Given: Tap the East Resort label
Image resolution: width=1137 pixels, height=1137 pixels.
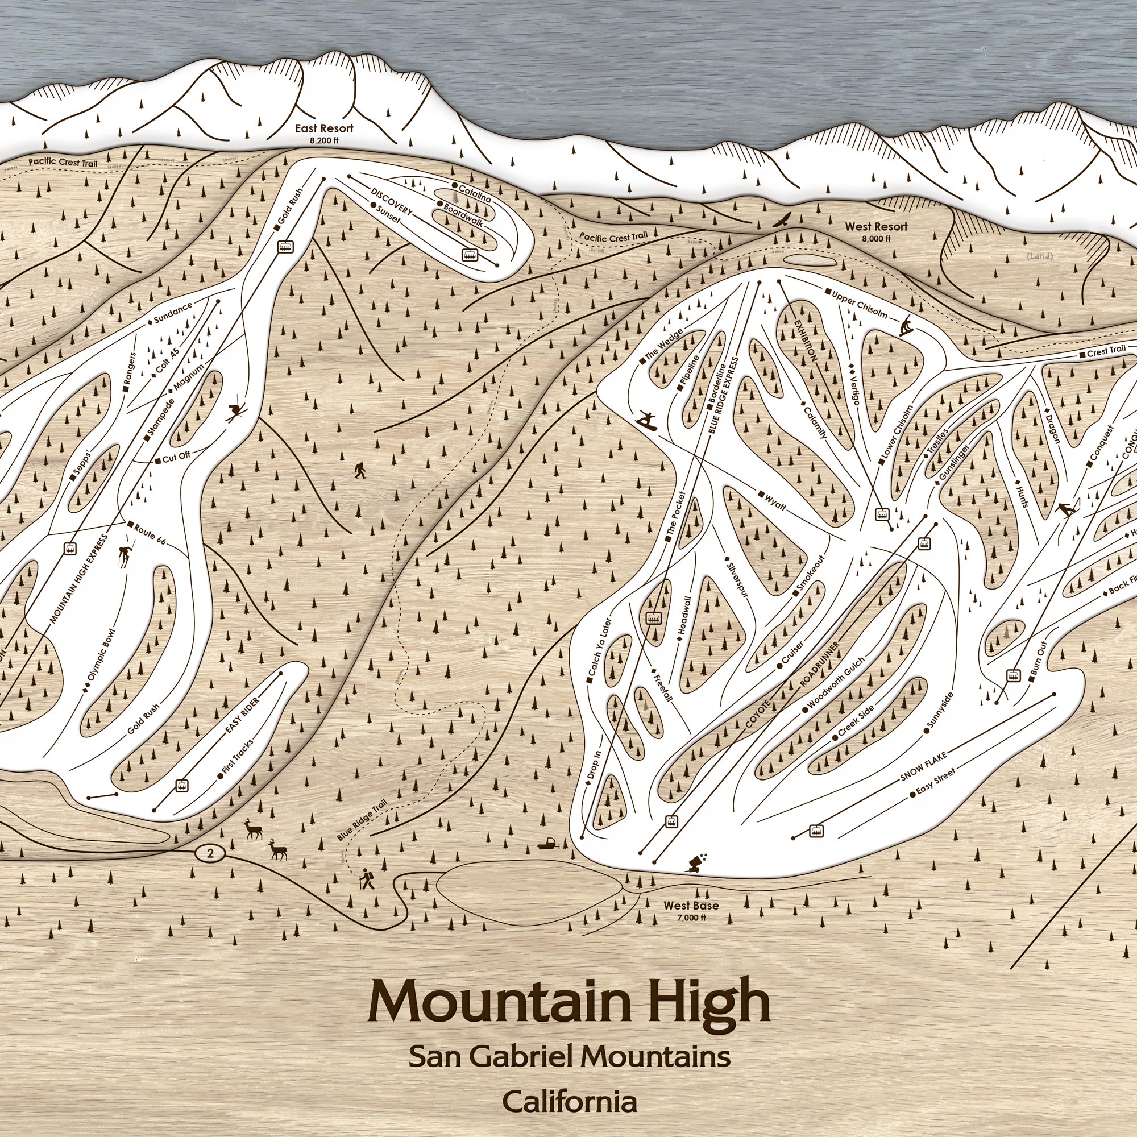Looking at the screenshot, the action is click(x=324, y=128).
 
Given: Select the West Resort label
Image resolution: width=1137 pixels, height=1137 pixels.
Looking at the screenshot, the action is click(x=875, y=227).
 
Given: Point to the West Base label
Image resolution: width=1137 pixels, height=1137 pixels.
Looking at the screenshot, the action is click(x=691, y=907).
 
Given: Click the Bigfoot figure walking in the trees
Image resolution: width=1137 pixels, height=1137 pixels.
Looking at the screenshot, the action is click(x=360, y=471).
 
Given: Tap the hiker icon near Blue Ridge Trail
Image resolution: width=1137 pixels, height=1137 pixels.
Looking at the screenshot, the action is click(x=368, y=880).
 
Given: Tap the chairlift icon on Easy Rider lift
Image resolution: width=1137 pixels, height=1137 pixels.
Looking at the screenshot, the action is click(x=180, y=785).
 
